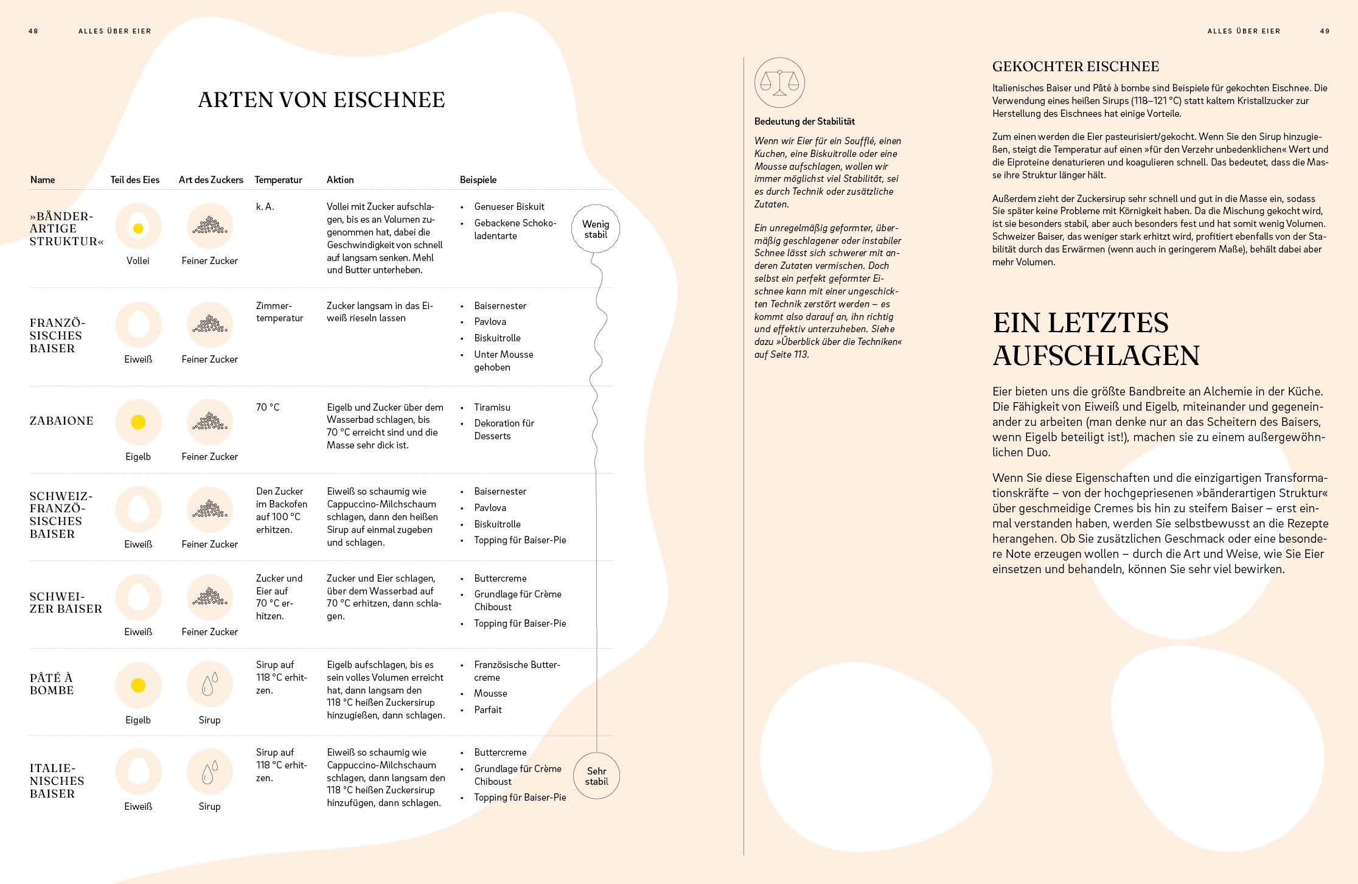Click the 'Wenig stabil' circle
[596, 229]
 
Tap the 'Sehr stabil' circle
[596, 776]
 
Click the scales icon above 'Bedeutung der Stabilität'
[779, 83]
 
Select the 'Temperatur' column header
[278, 179]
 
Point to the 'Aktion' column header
[340, 179]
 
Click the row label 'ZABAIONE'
[61, 421]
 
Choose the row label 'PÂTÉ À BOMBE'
[52, 684]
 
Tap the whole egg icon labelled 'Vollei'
[138, 226]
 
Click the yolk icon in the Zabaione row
[138, 422]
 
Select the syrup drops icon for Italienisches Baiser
[209, 772]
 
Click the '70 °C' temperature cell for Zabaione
[268, 407]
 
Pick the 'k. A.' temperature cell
[265, 207]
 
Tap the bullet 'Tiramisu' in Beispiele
[492, 407]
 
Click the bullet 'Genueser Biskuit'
[509, 207]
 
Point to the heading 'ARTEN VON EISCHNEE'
[321, 100]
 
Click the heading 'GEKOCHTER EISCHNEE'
[1075, 66]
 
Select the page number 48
[33, 31]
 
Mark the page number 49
[1325, 31]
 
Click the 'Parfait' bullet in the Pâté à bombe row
[487, 709]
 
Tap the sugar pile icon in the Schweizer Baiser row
[209, 597]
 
